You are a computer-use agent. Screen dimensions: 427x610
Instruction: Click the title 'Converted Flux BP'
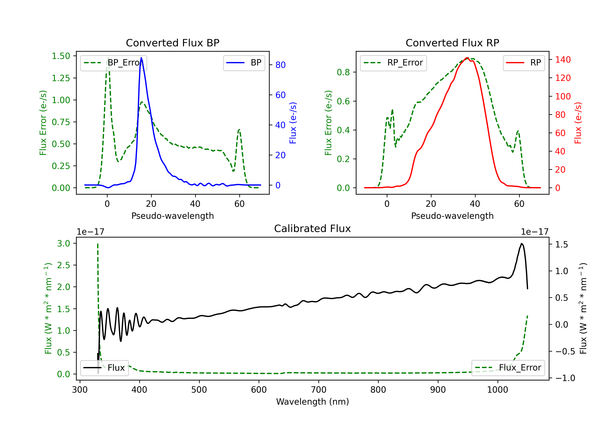click(x=172, y=43)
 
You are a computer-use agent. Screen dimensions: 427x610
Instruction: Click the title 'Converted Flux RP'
click(x=452, y=43)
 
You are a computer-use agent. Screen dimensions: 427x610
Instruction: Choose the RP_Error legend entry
click(x=393, y=63)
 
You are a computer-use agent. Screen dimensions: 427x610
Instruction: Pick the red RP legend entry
click(x=524, y=63)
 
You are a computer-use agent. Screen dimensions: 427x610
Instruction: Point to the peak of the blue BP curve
click(x=141, y=58)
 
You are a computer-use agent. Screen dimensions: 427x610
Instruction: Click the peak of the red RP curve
click(x=467, y=58)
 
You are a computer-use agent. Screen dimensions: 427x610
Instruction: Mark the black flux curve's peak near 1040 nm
click(x=522, y=244)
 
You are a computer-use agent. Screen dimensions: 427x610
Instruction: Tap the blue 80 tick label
click(x=280, y=65)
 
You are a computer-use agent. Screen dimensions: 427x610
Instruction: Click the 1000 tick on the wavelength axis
click(x=497, y=390)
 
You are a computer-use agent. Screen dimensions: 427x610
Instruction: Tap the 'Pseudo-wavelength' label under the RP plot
click(x=452, y=216)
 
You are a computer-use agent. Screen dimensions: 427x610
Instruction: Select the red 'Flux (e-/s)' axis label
click(x=578, y=123)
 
